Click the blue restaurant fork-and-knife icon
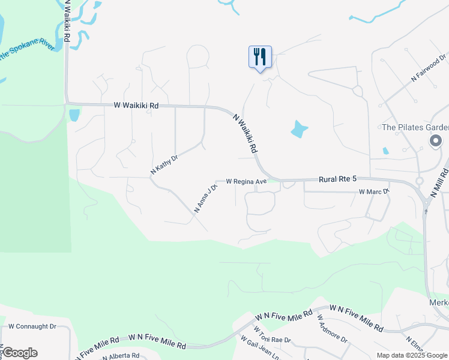[x=260, y=57]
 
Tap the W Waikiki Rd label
[x=136, y=105]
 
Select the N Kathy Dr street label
[x=164, y=166]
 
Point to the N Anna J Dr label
[x=205, y=199]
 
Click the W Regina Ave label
[x=246, y=181]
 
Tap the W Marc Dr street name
[x=374, y=191]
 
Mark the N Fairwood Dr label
[x=429, y=68]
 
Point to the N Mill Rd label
[x=440, y=184]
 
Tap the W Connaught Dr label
[x=32, y=327]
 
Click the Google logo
[x=20, y=353]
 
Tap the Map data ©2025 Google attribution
[x=412, y=355]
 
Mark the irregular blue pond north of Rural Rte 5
[x=299, y=129]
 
